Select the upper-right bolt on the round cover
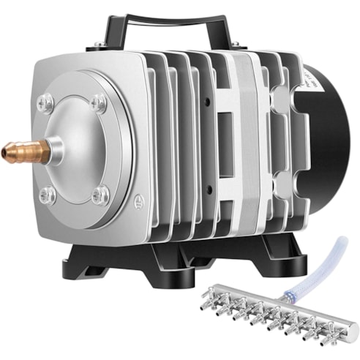pyautogui.click(x=99, y=104)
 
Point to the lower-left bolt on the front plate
pyautogui.click(x=48, y=194)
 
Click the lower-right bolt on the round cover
pyautogui.click(x=100, y=195)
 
